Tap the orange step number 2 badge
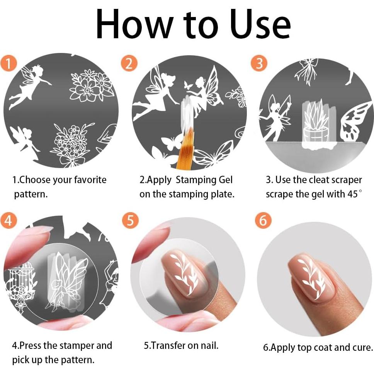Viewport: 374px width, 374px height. coord(129,63)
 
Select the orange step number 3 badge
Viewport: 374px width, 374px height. coord(259,63)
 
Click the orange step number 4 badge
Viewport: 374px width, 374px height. coord(9,221)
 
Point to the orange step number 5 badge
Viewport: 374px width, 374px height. coord(130,221)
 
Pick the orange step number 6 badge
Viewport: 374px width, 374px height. coord(263,221)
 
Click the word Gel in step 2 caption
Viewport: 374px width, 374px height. coord(224,180)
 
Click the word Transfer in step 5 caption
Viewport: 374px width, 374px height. coord(169,345)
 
